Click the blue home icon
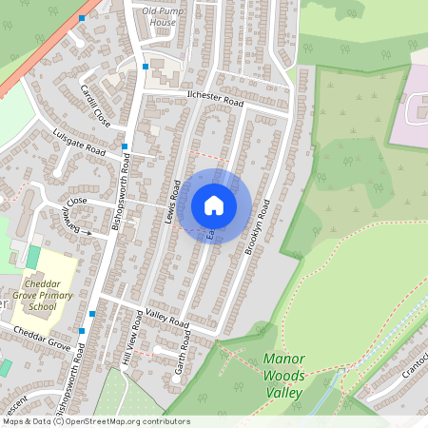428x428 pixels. [x=214, y=205]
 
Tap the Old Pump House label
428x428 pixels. [x=158, y=16]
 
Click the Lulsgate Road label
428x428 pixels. [x=79, y=142]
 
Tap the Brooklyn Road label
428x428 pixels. [x=258, y=225]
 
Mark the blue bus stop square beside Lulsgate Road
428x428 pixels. [x=125, y=146]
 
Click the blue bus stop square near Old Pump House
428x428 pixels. [x=145, y=67]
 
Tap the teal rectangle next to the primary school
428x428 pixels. [x=33, y=257]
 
